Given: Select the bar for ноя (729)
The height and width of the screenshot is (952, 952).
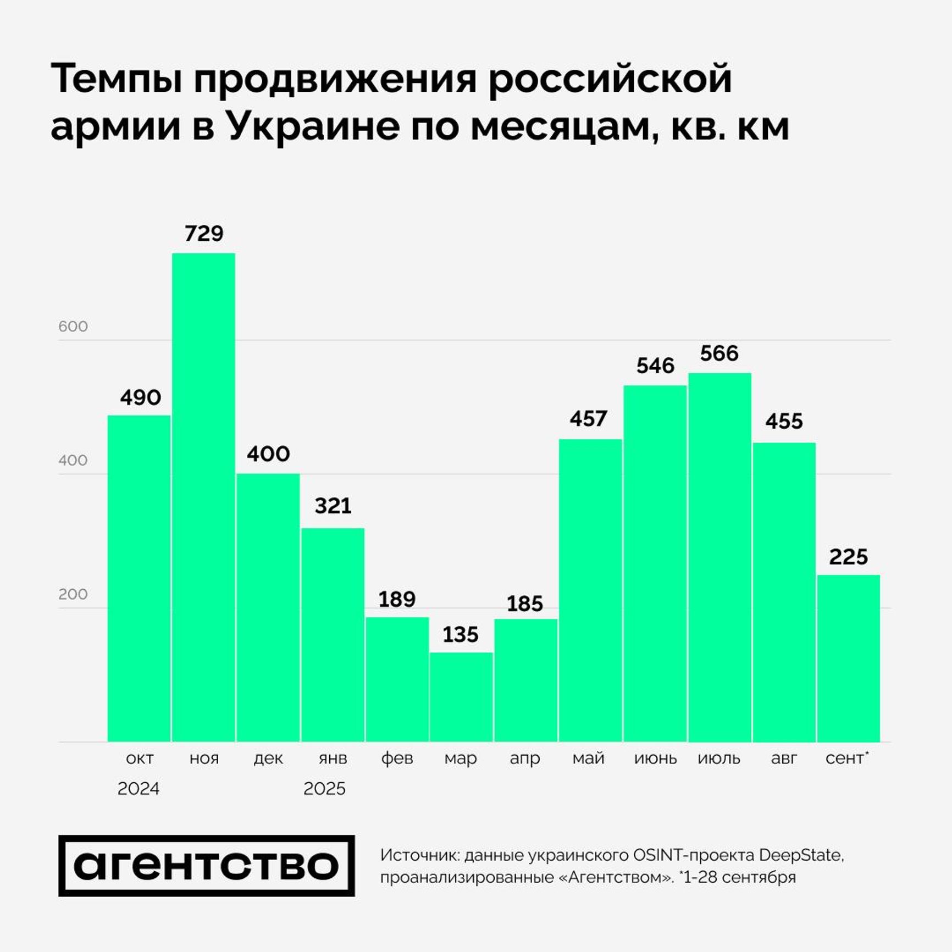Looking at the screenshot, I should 203,497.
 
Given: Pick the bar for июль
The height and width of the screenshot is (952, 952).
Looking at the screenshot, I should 719,557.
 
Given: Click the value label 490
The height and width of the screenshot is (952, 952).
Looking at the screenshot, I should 140,397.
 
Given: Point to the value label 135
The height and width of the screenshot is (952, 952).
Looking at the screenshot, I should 461,635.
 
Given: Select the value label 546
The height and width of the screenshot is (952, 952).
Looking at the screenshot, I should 655,366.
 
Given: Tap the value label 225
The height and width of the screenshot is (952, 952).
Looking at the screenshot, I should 848,557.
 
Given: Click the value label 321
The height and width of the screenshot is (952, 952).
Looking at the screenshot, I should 333,506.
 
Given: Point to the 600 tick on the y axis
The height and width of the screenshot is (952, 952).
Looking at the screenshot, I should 73,326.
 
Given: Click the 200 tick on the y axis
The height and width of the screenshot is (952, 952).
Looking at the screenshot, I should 73,594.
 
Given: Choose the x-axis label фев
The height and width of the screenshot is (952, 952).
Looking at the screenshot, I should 397,759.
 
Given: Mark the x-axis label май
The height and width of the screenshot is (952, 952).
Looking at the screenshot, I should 588,759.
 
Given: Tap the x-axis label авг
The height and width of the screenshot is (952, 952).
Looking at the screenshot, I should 784,759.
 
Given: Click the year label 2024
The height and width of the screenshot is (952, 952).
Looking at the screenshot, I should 139,789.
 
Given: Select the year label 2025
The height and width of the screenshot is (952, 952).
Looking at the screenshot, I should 324,789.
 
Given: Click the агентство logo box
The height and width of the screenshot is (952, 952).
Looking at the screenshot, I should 206,866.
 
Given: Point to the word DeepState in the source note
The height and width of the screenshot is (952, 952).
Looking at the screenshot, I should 800,855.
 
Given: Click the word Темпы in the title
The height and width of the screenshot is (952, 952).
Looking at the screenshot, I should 117,80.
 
